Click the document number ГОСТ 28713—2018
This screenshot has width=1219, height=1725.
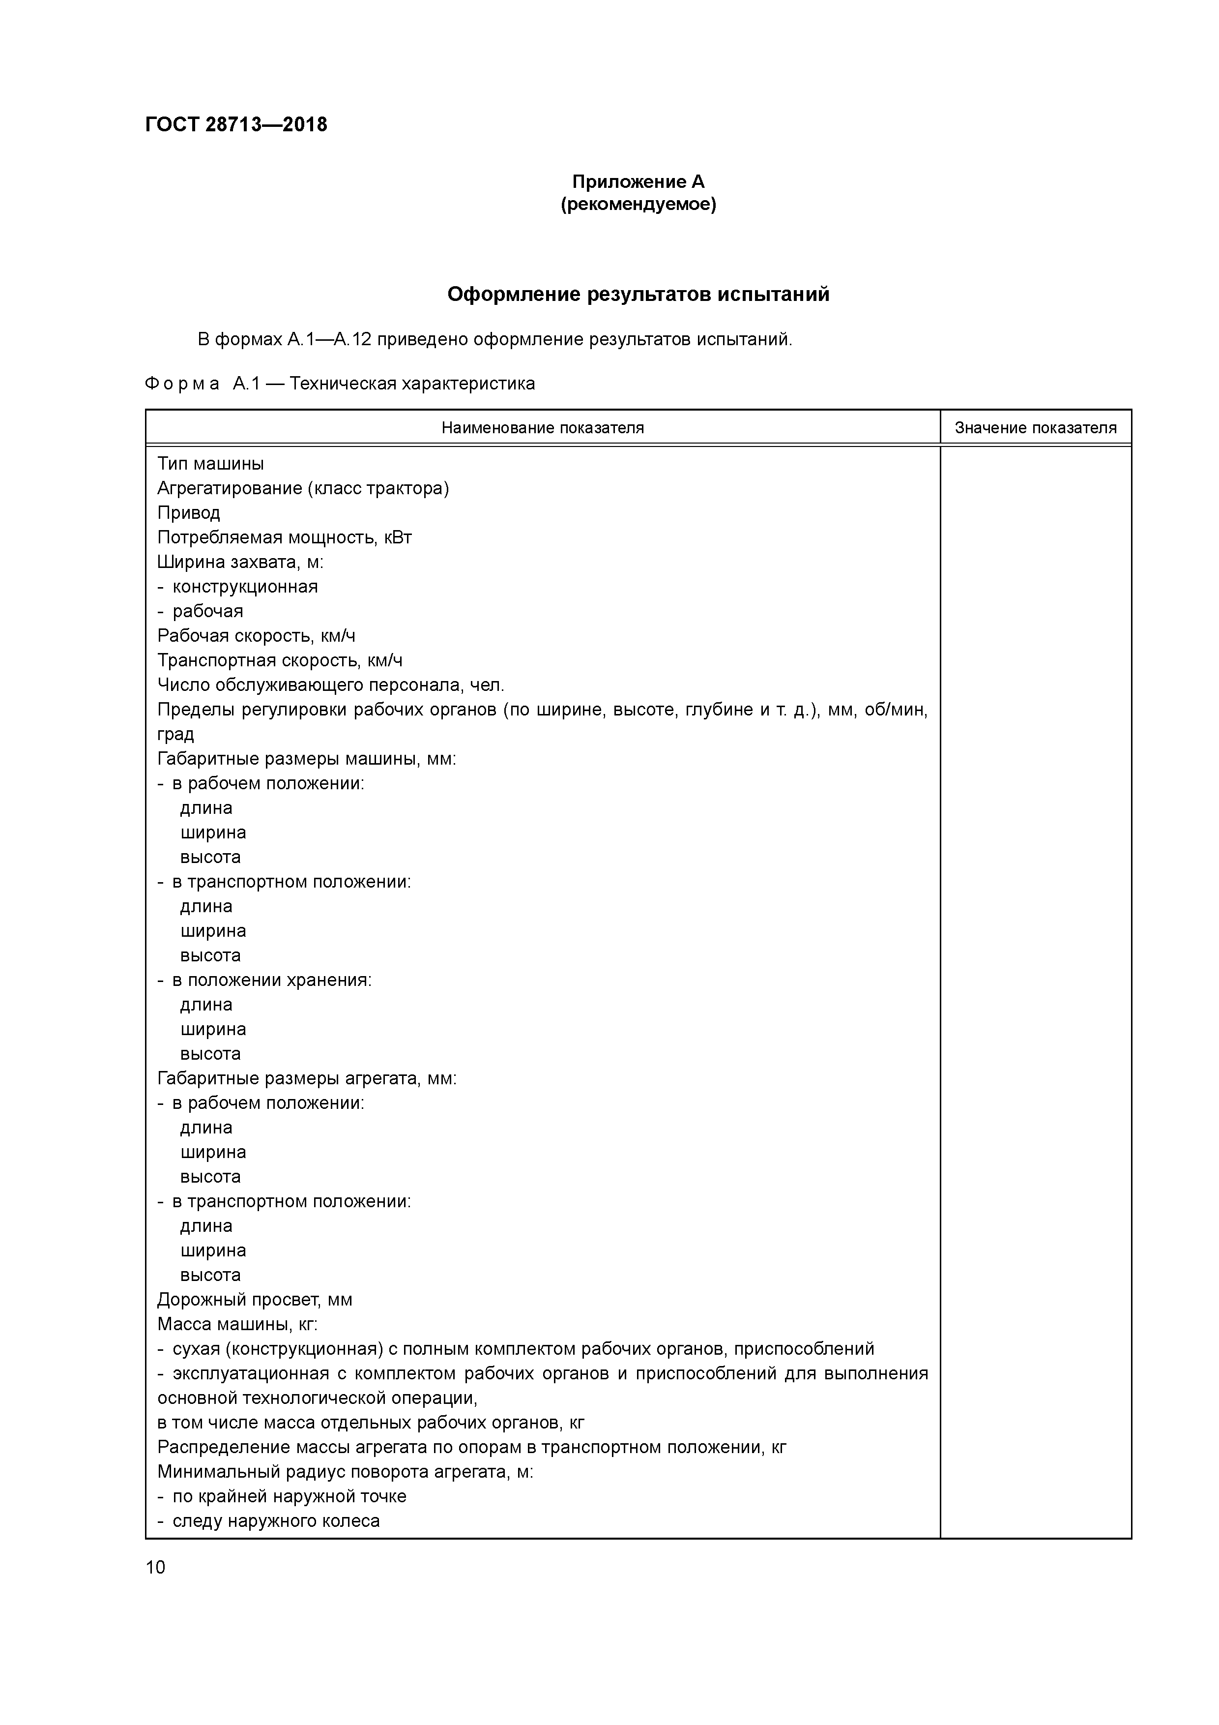(x=236, y=125)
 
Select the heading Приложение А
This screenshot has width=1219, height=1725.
(x=638, y=182)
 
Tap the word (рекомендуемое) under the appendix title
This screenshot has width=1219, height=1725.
(x=638, y=205)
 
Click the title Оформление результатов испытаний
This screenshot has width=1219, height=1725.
(x=638, y=295)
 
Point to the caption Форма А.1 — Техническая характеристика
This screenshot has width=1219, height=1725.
(x=340, y=384)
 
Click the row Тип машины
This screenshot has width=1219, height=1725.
(x=210, y=464)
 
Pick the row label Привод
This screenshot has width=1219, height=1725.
(x=189, y=513)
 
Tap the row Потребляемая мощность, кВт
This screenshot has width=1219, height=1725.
(x=284, y=538)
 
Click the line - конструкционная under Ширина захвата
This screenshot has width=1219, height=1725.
(x=237, y=587)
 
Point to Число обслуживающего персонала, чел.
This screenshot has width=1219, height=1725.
(x=330, y=685)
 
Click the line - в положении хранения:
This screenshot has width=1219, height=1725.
(x=264, y=981)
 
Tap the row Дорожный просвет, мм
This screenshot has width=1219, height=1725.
(x=254, y=1300)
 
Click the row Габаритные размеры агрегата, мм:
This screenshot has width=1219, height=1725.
(x=306, y=1079)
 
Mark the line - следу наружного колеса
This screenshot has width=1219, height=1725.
(x=269, y=1521)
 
